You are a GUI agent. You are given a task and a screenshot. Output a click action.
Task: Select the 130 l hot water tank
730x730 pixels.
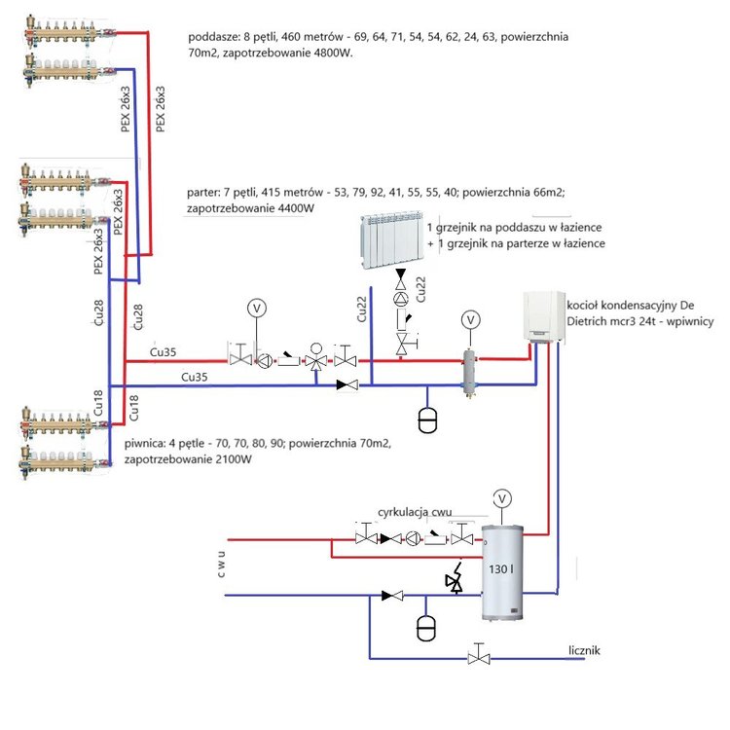pos(502,573)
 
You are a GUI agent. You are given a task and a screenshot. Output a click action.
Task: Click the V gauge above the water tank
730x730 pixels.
pos(502,498)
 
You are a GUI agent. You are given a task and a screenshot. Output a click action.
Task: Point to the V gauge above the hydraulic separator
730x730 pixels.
pos(470,318)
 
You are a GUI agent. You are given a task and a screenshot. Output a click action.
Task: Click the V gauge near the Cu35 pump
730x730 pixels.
pos(257,308)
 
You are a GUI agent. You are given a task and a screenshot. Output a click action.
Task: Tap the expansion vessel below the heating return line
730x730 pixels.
pos(426,420)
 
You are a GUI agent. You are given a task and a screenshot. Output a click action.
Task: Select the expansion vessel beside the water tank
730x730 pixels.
pos(425,625)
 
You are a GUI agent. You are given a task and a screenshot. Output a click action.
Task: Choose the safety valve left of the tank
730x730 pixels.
pos(453,577)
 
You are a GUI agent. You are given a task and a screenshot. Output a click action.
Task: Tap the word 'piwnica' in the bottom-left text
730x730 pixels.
pos(145,443)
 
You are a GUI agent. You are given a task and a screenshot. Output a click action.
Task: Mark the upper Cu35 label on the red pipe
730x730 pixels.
pos(165,349)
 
